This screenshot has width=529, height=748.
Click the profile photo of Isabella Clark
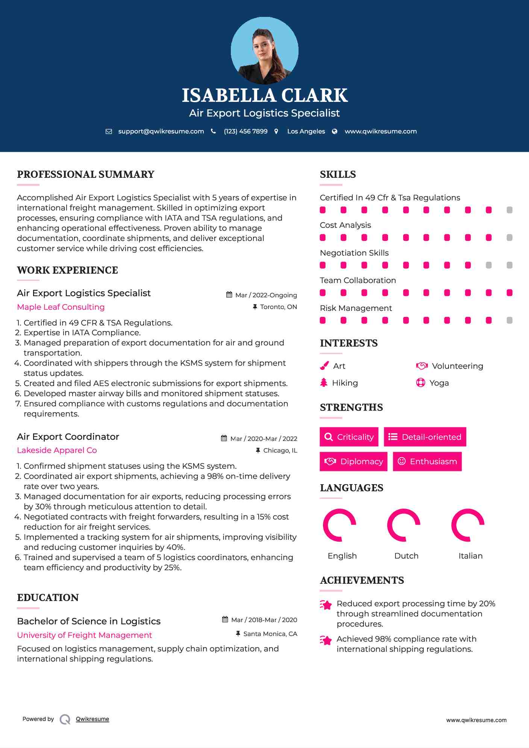click(x=264, y=50)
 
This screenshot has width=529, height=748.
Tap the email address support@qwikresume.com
click(x=161, y=131)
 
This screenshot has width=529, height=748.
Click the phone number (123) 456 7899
click(x=246, y=131)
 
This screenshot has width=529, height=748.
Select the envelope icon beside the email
click(x=109, y=131)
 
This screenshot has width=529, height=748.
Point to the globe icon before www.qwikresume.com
click(x=335, y=131)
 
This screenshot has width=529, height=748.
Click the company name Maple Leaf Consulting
click(x=61, y=307)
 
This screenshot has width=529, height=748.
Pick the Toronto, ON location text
click(x=278, y=307)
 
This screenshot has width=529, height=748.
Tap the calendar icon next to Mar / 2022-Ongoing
click(x=229, y=295)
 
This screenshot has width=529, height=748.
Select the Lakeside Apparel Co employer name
click(x=57, y=450)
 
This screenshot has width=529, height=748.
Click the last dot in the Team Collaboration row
click(x=509, y=292)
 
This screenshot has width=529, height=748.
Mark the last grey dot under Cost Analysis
click(x=509, y=237)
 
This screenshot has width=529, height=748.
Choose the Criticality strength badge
click(x=349, y=437)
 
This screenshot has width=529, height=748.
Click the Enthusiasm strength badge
click(x=427, y=461)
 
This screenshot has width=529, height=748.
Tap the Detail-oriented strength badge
click(x=425, y=437)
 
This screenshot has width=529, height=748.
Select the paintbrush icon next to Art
click(x=324, y=366)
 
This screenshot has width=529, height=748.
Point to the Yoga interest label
click(x=439, y=383)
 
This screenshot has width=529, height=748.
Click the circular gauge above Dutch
click(x=404, y=525)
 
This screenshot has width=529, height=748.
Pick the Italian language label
click(x=470, y=556)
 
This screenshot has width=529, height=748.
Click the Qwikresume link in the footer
click(x=92, y=719)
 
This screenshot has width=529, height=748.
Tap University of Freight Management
click(x=85, y=635)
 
